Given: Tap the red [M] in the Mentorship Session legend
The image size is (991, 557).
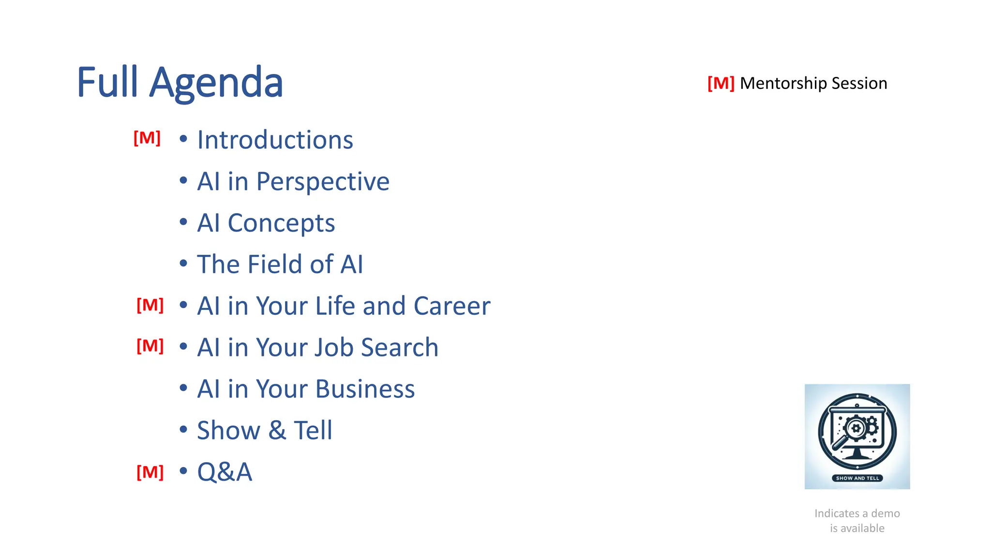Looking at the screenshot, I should tap(721, 83).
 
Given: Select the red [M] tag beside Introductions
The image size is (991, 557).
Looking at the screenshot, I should tap(147, 138).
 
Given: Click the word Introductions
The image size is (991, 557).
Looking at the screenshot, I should tap(275, 140).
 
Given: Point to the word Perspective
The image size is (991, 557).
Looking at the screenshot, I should tap(322, 182).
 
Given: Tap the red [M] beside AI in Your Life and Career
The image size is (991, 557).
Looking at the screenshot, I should tap(150, 305).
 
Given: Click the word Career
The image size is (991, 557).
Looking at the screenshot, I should tap(451, 306).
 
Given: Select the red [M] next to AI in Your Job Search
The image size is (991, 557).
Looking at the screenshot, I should tap(150, 346).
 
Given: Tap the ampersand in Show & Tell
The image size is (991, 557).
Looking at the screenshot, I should tap(277, 430).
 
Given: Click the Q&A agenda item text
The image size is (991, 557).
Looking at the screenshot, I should tap(225, 472).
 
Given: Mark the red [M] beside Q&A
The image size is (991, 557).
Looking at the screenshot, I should tap(150, 472).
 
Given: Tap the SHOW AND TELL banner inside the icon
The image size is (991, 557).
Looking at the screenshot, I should tap(857, 478).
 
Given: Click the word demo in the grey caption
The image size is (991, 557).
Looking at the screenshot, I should tap(885, 513).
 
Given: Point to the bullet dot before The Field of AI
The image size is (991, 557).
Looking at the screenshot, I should tap(183, 264).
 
